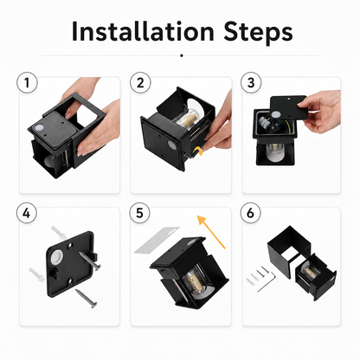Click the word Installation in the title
[x=143, y=30]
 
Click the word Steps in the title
[x=258, y=32]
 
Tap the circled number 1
[x=27, y=82]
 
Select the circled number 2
[x=140, y=82]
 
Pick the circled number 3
[x=251, y=82]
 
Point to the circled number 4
[x=27, y=213]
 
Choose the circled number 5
[x=139, y=213]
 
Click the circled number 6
[x=250, y=213]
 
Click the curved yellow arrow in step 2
[x=198, y=151]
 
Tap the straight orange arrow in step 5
[x=211, y=231]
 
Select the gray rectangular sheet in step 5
[x=157, y=240]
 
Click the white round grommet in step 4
[x=57, y=256]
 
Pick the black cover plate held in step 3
[x=288, y=107]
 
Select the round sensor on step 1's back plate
[x=39, y=128]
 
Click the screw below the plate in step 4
[x=87, y=299]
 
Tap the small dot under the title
[x=182, y=55]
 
